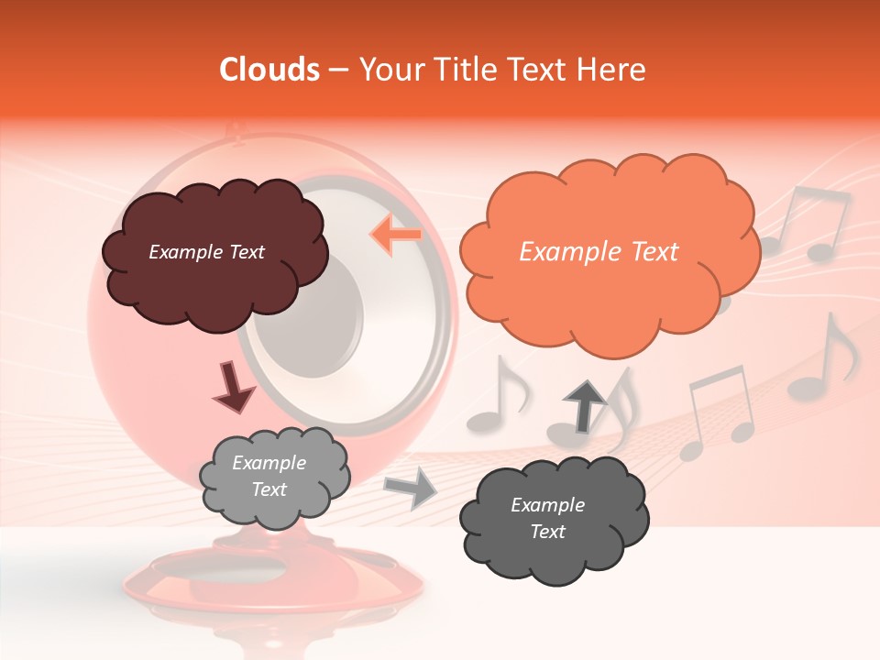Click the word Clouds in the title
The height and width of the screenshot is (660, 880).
pyautogui.click(x=269, y=70)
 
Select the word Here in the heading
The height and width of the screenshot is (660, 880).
pyautogui.click(x=615, y=70)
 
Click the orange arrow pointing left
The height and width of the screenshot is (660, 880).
pyautogui.click(x=395, y=234)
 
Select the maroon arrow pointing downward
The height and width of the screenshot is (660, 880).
pyautogui.click(x=235, y=386)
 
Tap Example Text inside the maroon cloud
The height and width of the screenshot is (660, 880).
pyautogui.click(x=206, y=252)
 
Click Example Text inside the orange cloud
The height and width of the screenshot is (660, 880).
pyautogui.click(x=599, y=252)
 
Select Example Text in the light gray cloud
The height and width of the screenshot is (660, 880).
pyautogui.click(x=269, y=477)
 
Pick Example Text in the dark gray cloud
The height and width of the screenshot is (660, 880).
pyautogui.click(x=547, y=518)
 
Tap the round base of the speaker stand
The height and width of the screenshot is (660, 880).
pyautogui.click(x=266, y=577)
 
